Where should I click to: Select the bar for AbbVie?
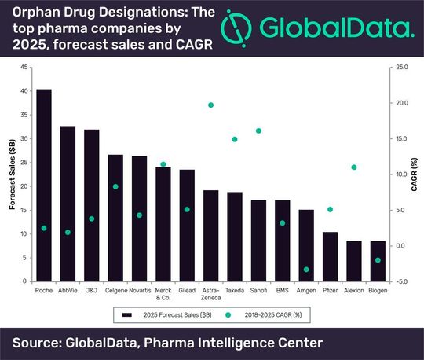[68, 204]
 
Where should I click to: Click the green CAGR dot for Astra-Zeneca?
[210, 105]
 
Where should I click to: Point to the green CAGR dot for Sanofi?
[258, 130]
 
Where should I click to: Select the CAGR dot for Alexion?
[354, 167]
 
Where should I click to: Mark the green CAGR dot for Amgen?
[306, 270]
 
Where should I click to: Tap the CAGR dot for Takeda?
[235, 139]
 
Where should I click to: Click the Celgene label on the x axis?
[115, 291]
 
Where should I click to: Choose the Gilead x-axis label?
[187, 291]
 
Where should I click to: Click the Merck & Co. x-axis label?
[163, 294]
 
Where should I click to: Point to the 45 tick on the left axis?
[25, 68]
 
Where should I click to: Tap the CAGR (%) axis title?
[415, 174]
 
